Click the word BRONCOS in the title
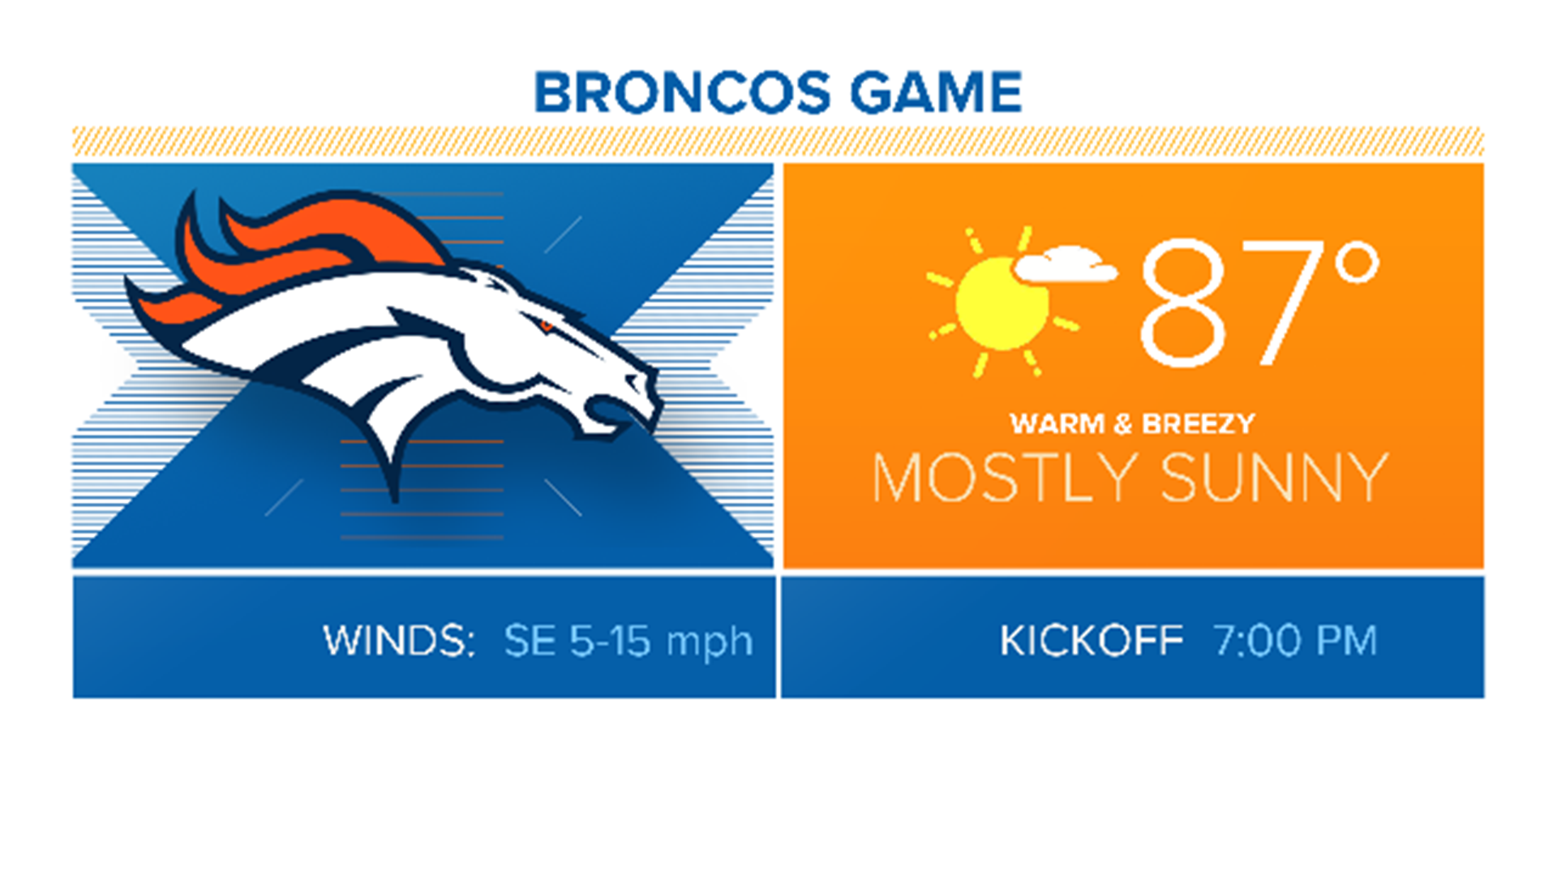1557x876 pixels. point(682,92)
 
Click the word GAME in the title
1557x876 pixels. point(936,92)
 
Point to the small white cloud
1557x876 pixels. point(1064,264)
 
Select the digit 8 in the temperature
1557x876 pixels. point(1182,303)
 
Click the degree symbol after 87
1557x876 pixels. point(1358,263)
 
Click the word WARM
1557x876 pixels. point(1057,423)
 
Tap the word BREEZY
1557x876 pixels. point(1199,423)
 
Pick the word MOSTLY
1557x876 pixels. point(1005,478)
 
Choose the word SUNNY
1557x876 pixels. point(1274,478)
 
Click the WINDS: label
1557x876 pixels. point(398,641)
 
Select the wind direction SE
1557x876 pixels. point(530,641)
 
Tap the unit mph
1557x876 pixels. point(710,642)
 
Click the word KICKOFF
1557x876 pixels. point(1091,641)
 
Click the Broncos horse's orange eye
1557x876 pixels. point(547,326)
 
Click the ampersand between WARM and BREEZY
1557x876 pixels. point(1123,423)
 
